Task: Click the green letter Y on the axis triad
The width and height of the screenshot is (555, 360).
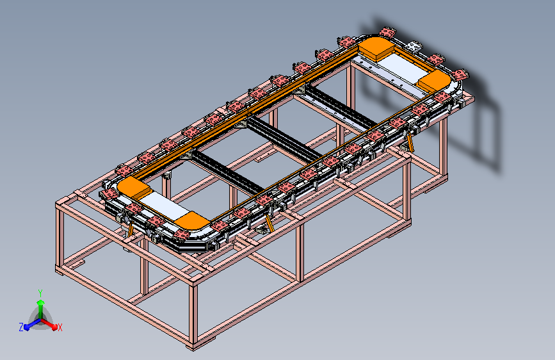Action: (40, 293)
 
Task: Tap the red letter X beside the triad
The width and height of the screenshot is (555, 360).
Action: (60, 327)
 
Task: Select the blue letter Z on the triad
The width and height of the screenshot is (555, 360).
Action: (21, 327)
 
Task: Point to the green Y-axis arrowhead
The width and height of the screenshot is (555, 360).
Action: (41, 303)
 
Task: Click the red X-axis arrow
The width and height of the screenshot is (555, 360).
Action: (49, 324)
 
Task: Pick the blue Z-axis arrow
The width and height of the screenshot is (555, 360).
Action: (32, 324)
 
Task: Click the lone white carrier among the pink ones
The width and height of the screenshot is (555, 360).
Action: (414, 46)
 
